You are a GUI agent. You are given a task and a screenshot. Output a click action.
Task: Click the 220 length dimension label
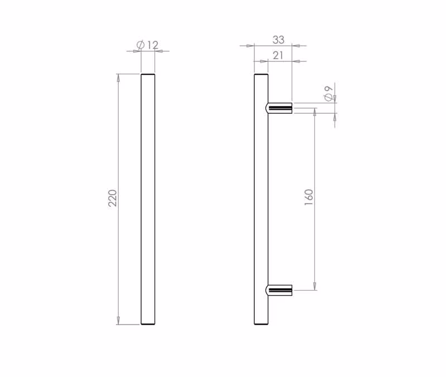click(113, 198)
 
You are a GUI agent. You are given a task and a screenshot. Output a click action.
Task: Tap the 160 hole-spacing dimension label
click(309, 197)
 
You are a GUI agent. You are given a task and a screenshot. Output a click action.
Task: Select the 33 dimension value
click(278, 40)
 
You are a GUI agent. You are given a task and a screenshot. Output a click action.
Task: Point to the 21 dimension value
click(278, 55)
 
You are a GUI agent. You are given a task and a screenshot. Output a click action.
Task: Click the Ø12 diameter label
click(148, 45)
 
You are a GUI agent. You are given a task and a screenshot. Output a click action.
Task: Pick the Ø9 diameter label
click(328, 93)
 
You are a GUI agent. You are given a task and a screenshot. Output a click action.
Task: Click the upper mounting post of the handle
click(279, 108)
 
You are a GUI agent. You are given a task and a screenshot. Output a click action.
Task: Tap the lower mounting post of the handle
click(279, 290)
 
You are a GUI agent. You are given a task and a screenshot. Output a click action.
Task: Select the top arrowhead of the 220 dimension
click(118, 78)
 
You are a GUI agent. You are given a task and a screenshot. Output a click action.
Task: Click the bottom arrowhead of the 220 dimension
click(118, 321)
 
